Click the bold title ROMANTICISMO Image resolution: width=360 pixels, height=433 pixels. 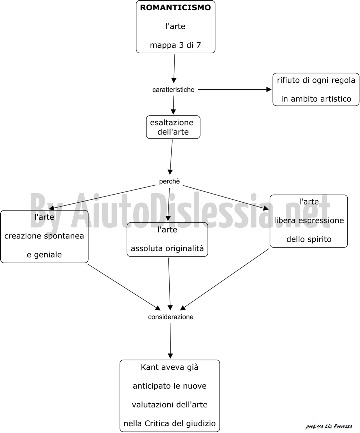(x=176, y=8)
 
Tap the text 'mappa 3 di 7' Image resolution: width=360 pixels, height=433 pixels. (x=176, y=45)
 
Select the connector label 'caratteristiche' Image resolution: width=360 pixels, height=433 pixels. (x=174, y=90)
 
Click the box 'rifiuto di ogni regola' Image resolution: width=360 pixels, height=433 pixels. (x=316, y=89)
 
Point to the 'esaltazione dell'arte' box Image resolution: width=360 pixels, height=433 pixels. (x=173, y=127)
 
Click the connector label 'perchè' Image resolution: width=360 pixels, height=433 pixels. (x=170, y=182)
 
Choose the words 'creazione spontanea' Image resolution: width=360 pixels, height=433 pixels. (x=44, y=236)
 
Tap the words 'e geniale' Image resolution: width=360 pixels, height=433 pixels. (x=44, y=255)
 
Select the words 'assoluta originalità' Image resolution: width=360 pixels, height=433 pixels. (x=168, y=248)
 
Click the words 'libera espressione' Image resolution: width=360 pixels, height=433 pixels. (x=309, y=220)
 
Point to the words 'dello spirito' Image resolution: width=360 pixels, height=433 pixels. (x=309, y=239)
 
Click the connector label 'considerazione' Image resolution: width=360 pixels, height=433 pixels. (x=171, y=317)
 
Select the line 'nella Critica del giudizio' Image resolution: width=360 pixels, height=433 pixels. (x=170, y=423)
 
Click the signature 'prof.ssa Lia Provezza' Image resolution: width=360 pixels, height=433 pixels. (x=329, y=425)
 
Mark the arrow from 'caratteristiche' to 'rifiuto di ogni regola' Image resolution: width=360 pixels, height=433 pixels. (x=235, y=90)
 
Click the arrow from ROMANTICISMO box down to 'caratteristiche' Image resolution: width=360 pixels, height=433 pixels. (x=174, y=69)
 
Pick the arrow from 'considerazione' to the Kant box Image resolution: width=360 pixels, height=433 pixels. (x=171, y=340)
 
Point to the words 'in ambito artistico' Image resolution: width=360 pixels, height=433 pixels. (x=316, y=99)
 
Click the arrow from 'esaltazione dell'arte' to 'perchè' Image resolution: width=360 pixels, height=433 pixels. (x=171, y=157)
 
